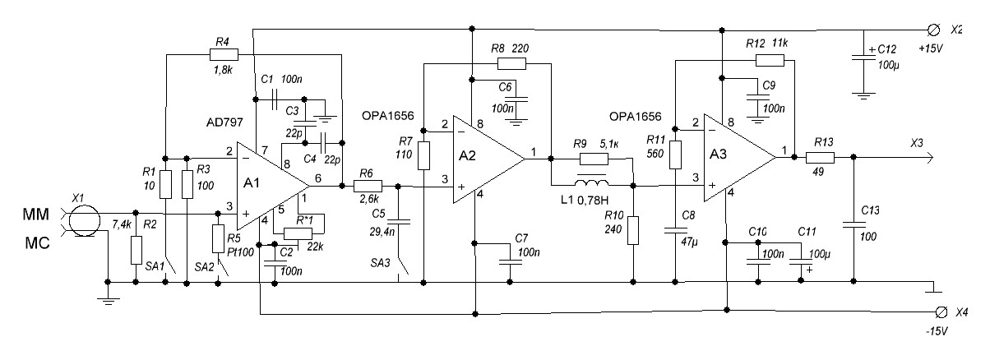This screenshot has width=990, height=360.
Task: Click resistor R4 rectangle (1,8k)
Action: pos(224,54)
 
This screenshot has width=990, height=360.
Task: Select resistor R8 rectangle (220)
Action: pos(511,62)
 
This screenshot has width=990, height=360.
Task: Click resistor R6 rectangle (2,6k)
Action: pos(369,186)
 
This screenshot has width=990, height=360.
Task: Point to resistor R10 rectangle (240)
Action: pos(633,231)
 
